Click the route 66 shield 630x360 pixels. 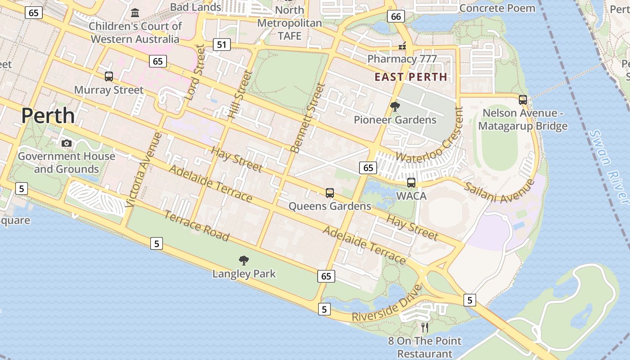pos(396,17)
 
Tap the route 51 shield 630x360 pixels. pos(221,44)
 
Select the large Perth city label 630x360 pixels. pos(48,116)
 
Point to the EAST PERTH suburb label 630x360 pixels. pos(411,77)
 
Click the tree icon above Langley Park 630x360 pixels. pos(244,260)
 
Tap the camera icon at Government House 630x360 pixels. pos(67,143)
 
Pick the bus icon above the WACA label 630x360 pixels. pos(411,182)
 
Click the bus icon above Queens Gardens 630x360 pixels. pos(330,193)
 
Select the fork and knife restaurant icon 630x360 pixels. pos(425,327)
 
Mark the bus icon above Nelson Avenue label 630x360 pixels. pos(523,100)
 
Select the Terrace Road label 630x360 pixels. pos(196,225)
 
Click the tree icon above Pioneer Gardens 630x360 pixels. pos(395,107)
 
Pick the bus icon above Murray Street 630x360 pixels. pos(109,76)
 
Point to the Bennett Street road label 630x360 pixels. pos(308,118)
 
